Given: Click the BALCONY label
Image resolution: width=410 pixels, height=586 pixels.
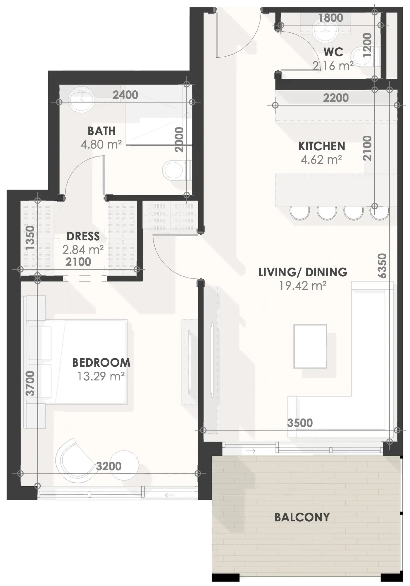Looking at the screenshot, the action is tap(302, 517).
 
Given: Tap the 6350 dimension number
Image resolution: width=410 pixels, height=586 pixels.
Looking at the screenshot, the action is tap(382, 266).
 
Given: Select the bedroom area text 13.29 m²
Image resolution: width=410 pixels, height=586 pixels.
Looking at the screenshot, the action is tap(101, 376).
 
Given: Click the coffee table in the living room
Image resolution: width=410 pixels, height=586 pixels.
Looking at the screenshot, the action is tap(310, 346).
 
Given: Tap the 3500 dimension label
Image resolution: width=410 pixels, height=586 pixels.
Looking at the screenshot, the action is tap(300, 423).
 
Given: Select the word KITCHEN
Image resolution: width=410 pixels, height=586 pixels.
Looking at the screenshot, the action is tap(322, 146).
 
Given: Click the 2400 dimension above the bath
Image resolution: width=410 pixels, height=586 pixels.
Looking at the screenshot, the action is tap(125, 95).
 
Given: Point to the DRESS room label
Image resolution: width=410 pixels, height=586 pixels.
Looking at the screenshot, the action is tap(83, 236).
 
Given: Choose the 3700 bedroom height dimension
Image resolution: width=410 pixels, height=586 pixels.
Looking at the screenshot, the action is tap(30, 383).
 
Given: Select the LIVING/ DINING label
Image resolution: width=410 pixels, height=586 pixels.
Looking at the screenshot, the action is tap(303, 272).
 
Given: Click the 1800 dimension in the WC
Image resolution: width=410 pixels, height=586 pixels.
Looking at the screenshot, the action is tap(330, 18).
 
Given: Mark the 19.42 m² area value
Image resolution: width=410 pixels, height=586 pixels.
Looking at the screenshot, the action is tap(303, 286).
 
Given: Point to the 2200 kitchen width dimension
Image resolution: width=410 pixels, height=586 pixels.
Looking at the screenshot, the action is tap(336, 98).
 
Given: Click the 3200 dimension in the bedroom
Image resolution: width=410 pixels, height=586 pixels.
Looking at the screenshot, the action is tap(108, 466).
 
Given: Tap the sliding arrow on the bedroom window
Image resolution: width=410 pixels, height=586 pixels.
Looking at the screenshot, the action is tap(170, 495).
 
